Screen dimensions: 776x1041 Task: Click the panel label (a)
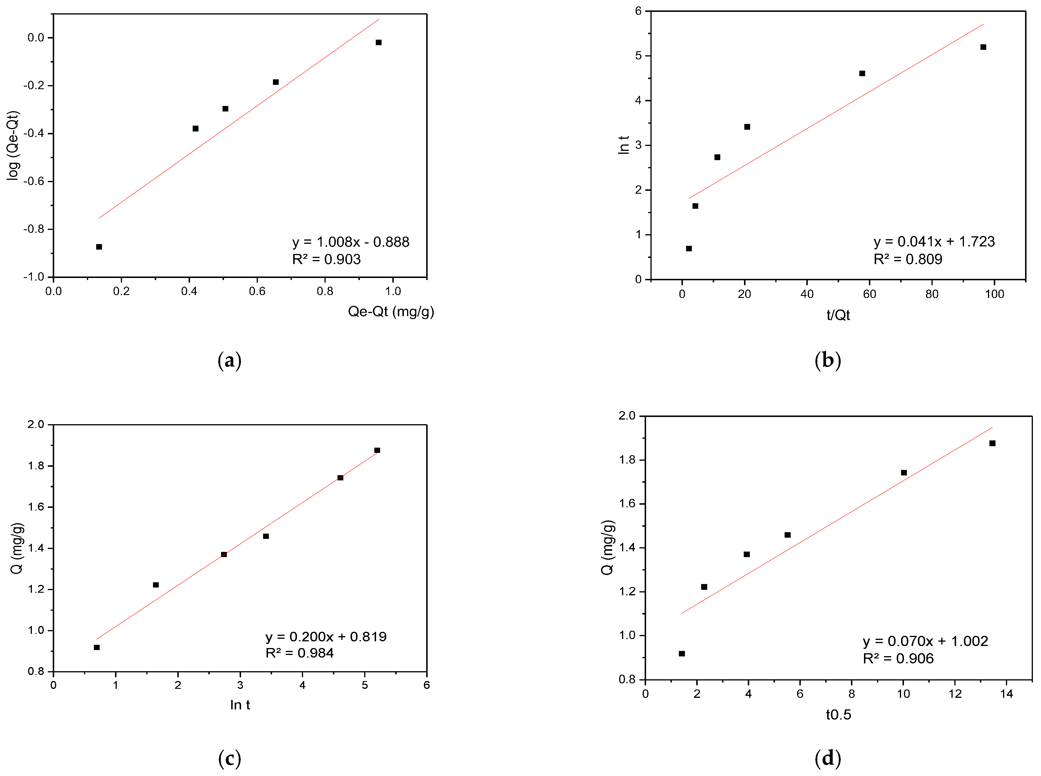(229, 361)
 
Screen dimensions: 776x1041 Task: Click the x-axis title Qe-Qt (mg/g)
(391, 312)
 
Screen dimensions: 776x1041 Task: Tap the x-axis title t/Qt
(838, 315)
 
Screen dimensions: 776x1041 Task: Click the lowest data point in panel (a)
(99, 247)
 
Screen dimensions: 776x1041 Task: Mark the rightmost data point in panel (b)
(983, 47)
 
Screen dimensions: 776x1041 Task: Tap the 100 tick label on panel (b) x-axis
(994, 294)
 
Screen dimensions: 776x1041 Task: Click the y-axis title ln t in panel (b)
(623, 145)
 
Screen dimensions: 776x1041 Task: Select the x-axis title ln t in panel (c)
(240, 705)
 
